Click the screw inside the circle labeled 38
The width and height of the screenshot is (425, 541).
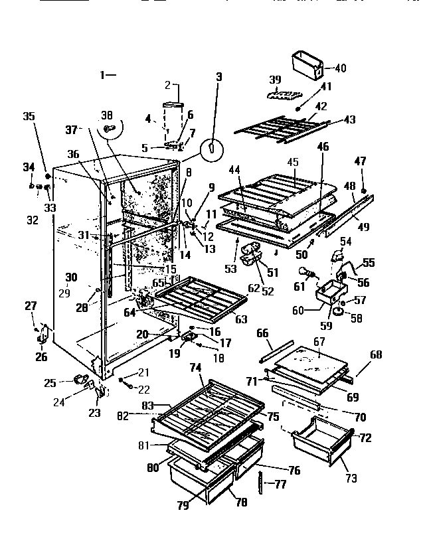(x=109, y=125)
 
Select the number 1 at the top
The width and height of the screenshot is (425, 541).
(x=104, y=76)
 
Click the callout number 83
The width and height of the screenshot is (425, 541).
(x=148, y=404)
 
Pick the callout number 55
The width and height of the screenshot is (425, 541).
(x=368, y=264)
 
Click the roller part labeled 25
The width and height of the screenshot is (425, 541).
(x=82, y=380)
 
